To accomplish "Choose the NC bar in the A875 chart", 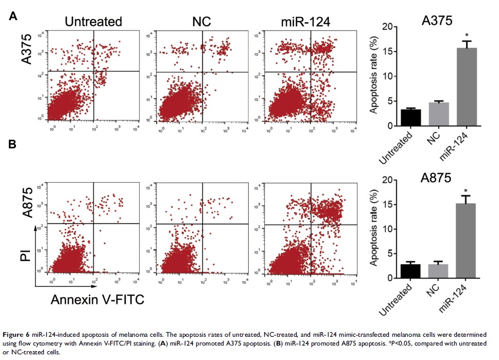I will pyautogui.click(x=439, y=271).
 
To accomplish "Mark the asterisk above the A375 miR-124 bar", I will pyautogui.click(x=467, y=36).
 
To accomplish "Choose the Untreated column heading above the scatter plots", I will pyautogui.click(x=93, y=22).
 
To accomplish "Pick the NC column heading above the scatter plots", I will pyautogui.click(x=202, y=22).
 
